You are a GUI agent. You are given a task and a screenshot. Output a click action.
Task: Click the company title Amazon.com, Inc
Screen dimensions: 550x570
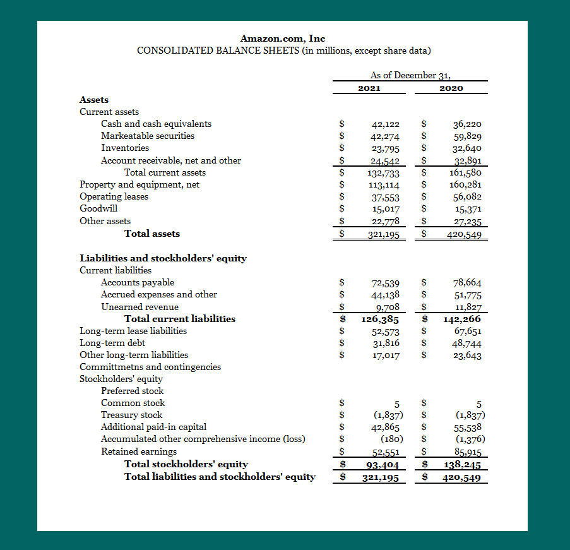pos(283,39)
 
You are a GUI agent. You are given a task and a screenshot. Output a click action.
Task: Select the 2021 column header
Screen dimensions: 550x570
pos(369,88)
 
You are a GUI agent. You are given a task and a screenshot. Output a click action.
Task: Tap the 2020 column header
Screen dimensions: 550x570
pos(451,88)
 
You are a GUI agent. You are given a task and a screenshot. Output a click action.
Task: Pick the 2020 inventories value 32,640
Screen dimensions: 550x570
pos(468,148)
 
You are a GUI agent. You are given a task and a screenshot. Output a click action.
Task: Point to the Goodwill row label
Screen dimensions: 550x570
pos(98,208)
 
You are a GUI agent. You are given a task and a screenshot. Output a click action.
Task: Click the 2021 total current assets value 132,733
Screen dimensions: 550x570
pos(383,173)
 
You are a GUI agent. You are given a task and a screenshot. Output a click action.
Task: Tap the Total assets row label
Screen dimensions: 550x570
pos(152,234)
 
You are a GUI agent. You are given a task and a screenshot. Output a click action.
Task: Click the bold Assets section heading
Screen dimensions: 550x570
pos(94,100)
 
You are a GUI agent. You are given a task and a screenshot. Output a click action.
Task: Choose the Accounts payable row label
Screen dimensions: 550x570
pos(138,282)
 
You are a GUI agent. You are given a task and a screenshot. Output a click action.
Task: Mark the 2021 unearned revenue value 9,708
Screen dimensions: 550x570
pos(388,308)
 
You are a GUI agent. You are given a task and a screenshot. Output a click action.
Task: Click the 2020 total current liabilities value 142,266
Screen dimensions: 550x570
pos(462,319)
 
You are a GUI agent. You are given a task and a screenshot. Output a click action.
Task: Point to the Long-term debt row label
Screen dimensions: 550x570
pos(112,343)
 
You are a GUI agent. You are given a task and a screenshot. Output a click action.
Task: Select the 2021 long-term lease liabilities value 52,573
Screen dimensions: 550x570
pos(386,332)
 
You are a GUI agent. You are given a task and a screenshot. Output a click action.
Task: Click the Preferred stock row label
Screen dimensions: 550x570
pos(133,391)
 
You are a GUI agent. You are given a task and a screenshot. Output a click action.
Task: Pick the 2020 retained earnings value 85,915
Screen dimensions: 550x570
pos(468,452)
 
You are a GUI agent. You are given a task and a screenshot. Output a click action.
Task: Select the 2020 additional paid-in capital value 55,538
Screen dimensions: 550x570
pos(468,427)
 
